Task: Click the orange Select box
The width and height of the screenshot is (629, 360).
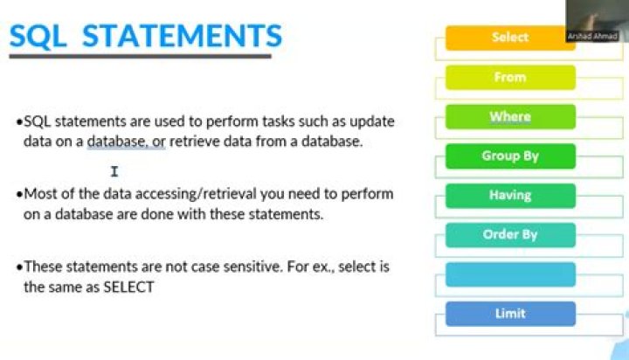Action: [x=510, y=38]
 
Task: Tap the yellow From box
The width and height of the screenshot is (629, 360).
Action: [x=510, y=77]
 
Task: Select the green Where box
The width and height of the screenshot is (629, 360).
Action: [x=510, y=116]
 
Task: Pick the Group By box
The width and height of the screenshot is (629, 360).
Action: [x=510, y=156]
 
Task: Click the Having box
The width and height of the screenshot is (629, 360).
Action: [x=510, y=196]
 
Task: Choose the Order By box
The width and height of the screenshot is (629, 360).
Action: [x=510, y=235]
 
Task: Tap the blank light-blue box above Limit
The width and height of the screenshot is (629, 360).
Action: [x=510, y=274]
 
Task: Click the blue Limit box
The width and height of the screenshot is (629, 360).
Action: [x=510, y=314]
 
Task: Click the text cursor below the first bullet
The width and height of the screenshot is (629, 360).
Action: [x=114, y=171]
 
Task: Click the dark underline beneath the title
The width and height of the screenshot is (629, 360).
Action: [x=140, y=57]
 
